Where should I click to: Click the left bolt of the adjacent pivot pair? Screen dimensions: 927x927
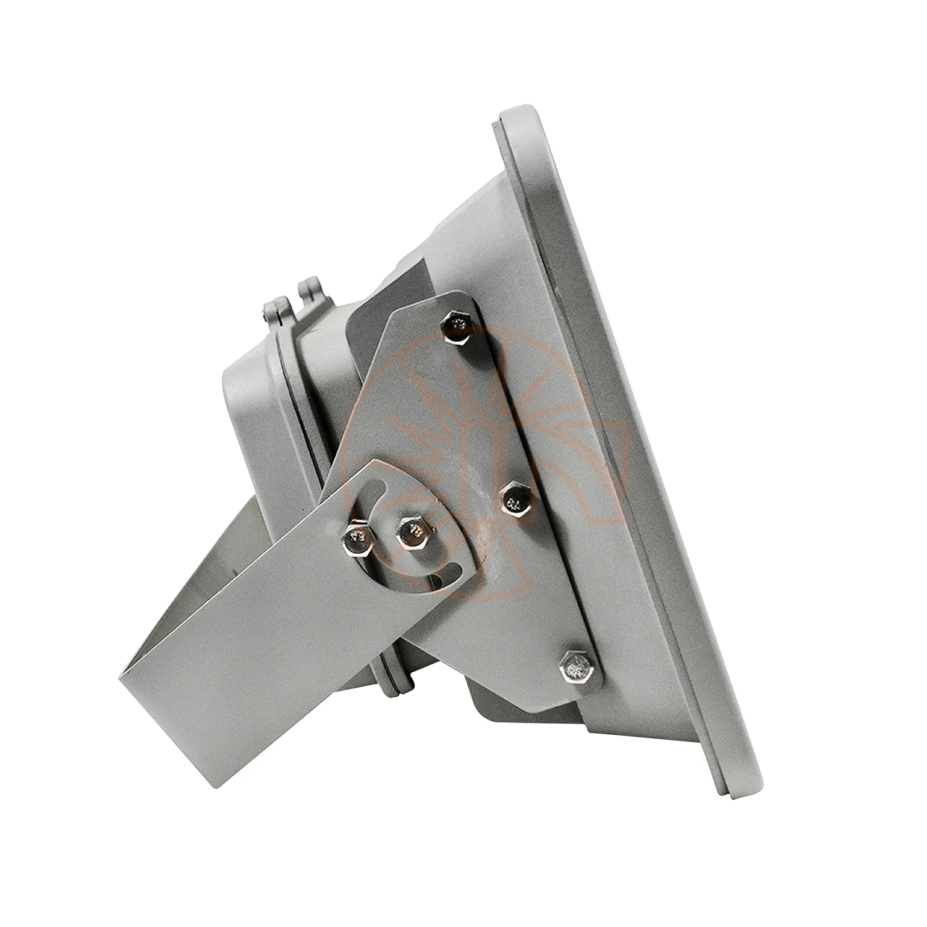[358, 535]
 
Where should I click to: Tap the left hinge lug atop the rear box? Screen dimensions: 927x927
[273, 309]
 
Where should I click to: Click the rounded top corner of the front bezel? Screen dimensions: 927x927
[519, 117]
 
